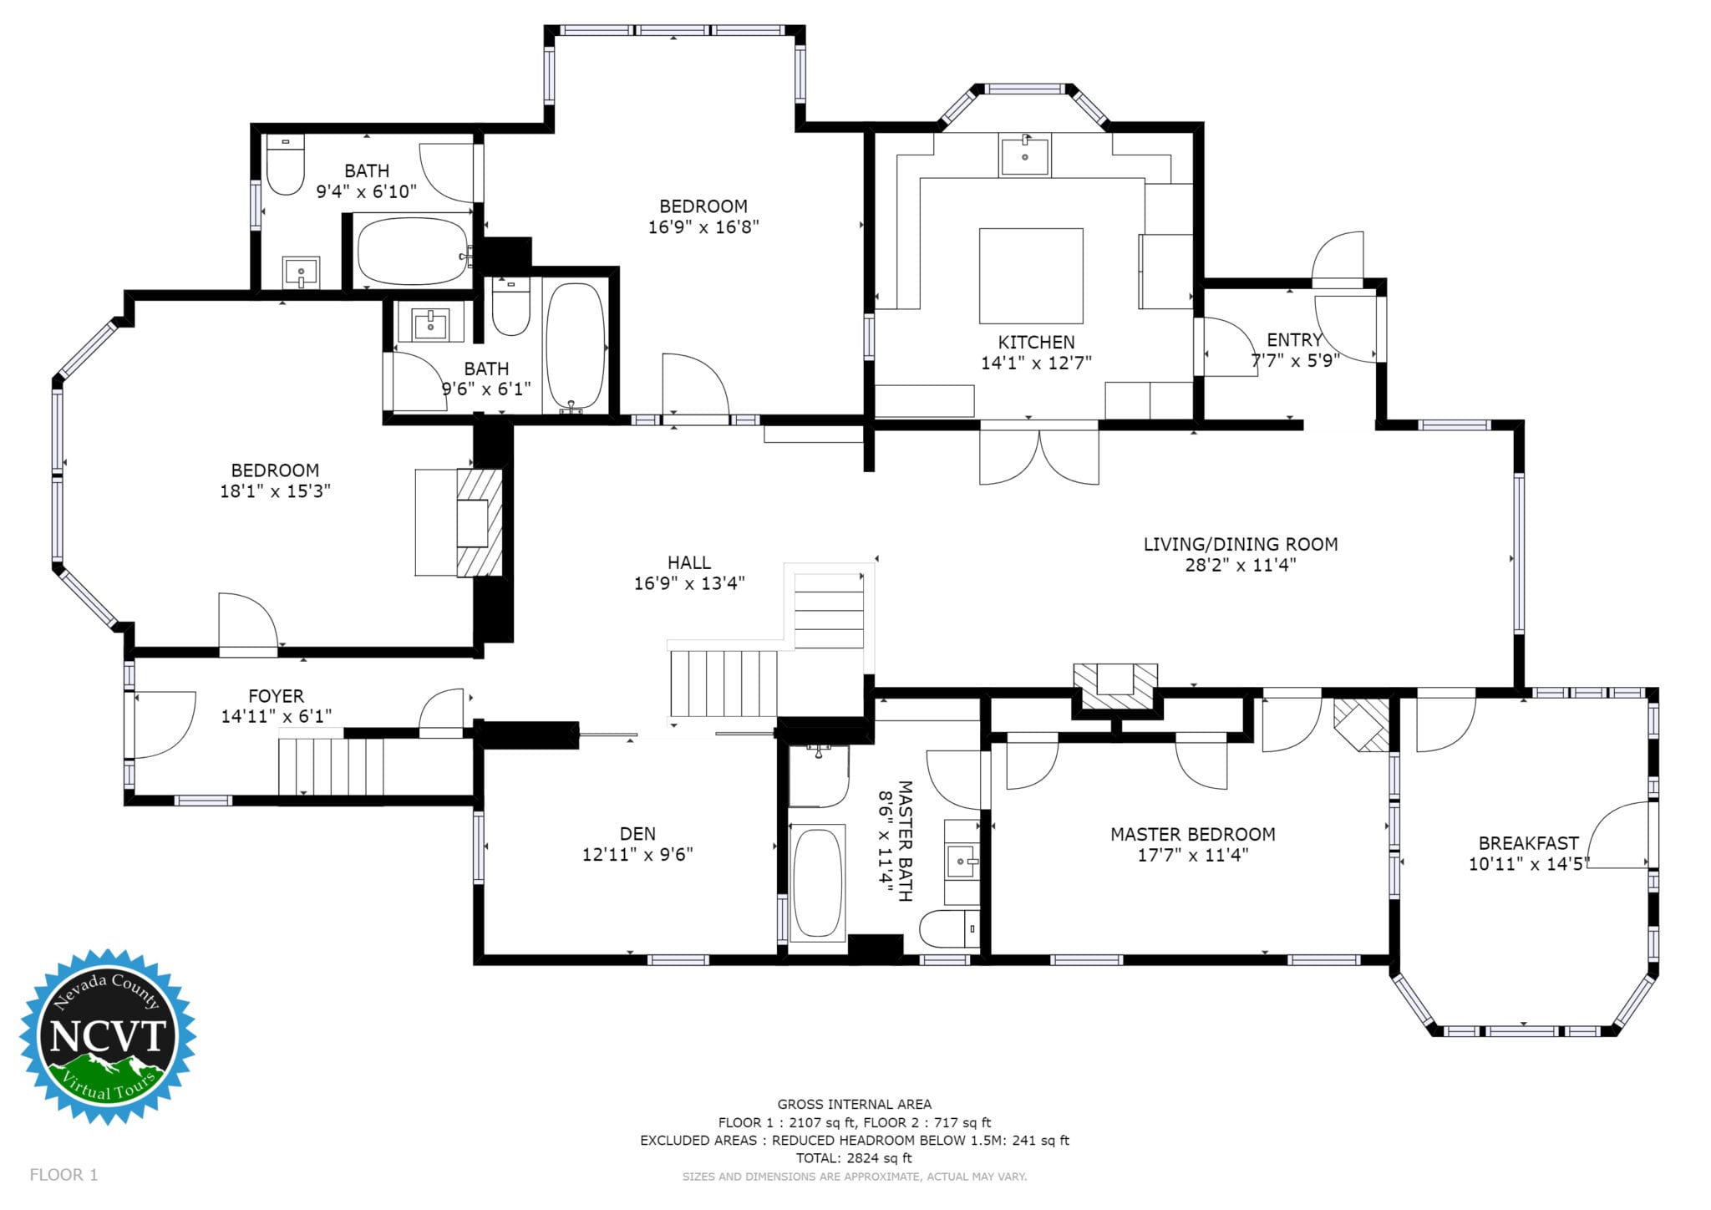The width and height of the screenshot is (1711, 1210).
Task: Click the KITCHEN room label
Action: coord(1036,342)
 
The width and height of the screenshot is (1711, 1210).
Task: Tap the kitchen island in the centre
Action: coord(1031,276)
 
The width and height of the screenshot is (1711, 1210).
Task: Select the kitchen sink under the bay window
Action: coord(1024,155)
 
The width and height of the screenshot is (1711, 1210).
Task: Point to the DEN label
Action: coord(637,833)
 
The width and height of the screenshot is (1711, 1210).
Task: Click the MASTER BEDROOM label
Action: coord(1192,834)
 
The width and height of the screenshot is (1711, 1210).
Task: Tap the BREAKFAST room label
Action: coord(1528,843)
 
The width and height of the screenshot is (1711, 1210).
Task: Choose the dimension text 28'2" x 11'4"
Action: coord(1241,565)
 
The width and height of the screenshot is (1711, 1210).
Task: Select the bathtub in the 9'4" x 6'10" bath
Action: coord(414,251)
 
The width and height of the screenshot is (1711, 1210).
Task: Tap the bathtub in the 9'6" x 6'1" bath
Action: coord(575,346)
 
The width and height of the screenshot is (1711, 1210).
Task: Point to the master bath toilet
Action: coord(949,929)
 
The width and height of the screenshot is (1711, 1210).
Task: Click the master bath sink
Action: coord(961,861)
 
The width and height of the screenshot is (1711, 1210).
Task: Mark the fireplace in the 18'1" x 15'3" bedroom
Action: coord(479,523)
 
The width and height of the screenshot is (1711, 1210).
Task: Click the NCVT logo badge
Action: coord(108,1036)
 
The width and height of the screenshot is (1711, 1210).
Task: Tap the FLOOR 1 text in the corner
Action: coord(63,1175)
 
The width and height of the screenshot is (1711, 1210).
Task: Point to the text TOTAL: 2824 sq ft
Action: coord(854,1158)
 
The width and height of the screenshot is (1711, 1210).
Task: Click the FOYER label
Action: coord(276,696)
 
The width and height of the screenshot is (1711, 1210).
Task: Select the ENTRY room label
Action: coord(1294,340)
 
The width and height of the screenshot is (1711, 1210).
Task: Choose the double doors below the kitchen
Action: coord(1038,453)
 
